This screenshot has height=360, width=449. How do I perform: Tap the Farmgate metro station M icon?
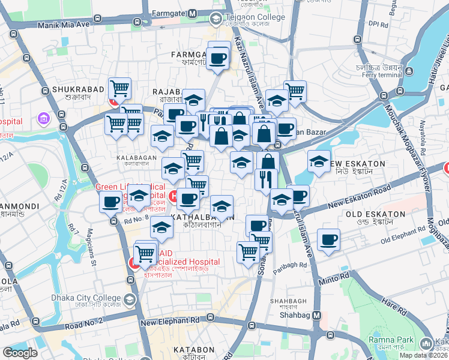click(193, 13)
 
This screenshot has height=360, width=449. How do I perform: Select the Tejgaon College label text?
click(255, 17)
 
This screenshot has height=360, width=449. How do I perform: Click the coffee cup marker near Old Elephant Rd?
click(328, 240)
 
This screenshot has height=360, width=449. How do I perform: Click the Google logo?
click(20, 353)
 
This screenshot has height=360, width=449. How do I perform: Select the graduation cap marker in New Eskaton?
click(319, 161)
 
